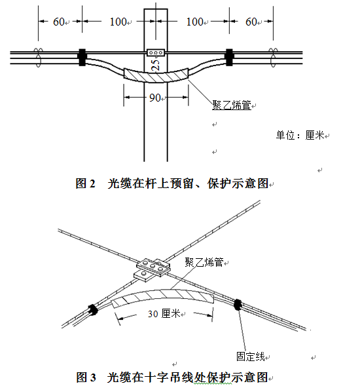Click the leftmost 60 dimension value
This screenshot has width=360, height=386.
59,22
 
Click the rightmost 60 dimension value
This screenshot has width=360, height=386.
251,22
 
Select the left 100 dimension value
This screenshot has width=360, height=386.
118,22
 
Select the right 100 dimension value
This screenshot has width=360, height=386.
194,22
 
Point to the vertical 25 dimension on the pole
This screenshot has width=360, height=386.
155,65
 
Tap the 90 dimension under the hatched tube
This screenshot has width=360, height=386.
155,98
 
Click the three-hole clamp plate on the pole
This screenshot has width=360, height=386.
156,52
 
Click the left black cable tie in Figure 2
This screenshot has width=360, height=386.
82,58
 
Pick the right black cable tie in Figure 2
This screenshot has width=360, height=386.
229,58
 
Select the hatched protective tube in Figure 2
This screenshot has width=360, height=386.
156,77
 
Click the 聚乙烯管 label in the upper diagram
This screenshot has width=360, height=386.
232,105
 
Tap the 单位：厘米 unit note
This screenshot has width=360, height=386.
300,135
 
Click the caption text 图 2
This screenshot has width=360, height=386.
85,183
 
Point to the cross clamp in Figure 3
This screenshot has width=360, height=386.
153,269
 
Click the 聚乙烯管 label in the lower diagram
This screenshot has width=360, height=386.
204,262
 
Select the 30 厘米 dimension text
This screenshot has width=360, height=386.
164,314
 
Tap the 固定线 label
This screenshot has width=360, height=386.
250,357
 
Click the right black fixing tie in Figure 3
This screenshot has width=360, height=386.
238,305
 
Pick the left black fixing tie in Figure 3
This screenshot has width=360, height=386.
93,309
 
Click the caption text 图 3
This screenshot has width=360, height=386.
86,377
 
